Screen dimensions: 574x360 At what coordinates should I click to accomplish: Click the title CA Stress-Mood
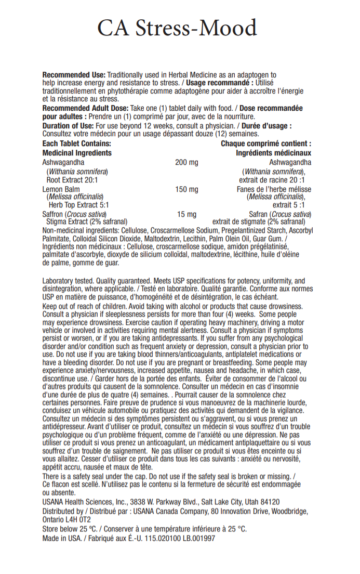coord(177,28)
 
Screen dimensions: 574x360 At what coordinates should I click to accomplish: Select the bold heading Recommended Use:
coord(74,75)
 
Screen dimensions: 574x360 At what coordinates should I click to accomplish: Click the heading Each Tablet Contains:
coord(76,143)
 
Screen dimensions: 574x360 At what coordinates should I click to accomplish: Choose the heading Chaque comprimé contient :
coord(266,143)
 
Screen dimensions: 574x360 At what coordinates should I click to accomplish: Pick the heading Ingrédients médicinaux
coord(273,153)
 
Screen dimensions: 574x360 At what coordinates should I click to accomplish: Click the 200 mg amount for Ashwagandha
coord(186,163)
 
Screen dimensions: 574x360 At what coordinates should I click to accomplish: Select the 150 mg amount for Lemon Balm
coord(186,189)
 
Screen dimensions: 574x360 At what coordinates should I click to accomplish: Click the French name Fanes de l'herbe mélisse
coord(274,189)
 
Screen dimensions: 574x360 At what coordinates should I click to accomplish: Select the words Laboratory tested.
coord(67,281)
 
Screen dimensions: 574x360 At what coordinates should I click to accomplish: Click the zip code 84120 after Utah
coord(270,502)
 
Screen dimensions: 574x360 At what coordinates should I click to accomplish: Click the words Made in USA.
coord(60,538)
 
